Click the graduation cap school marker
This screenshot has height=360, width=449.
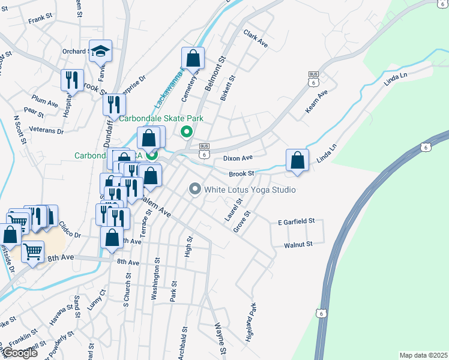[x=101, y=51]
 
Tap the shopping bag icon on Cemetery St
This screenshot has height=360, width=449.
[x=193, y=58]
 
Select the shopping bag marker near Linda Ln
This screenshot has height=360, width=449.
[x=297, y=160]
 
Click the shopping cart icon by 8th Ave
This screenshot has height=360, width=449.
[x=32, y=251]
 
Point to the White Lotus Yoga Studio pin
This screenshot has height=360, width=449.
[x=194, y=190]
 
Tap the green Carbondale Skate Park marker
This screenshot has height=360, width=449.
[x=186, y=132]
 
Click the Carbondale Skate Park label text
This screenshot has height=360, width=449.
[x=160, y=118]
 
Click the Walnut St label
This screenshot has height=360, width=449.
[x=298, y=245]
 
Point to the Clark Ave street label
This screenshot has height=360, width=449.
[x=255, y=39]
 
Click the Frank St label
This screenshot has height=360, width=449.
[x=41, y=20]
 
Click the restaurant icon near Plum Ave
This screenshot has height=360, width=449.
[x=72, y=80]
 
